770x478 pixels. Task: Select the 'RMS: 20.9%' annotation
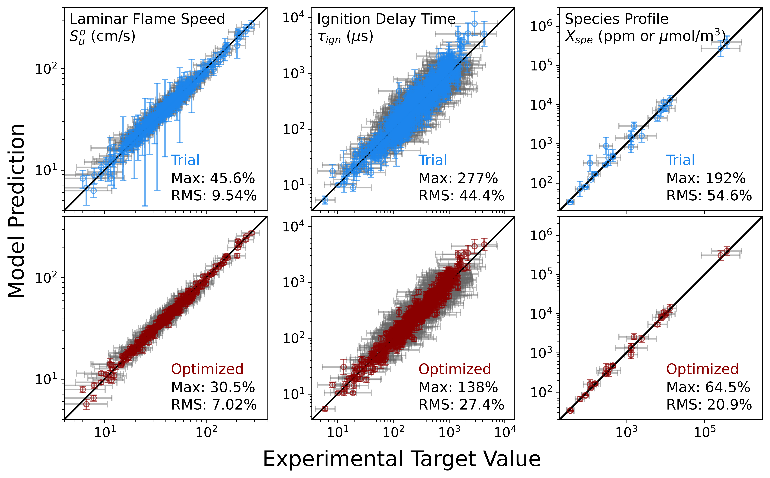709,405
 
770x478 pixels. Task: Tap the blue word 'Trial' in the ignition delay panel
433,160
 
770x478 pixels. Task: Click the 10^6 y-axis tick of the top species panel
541,27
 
